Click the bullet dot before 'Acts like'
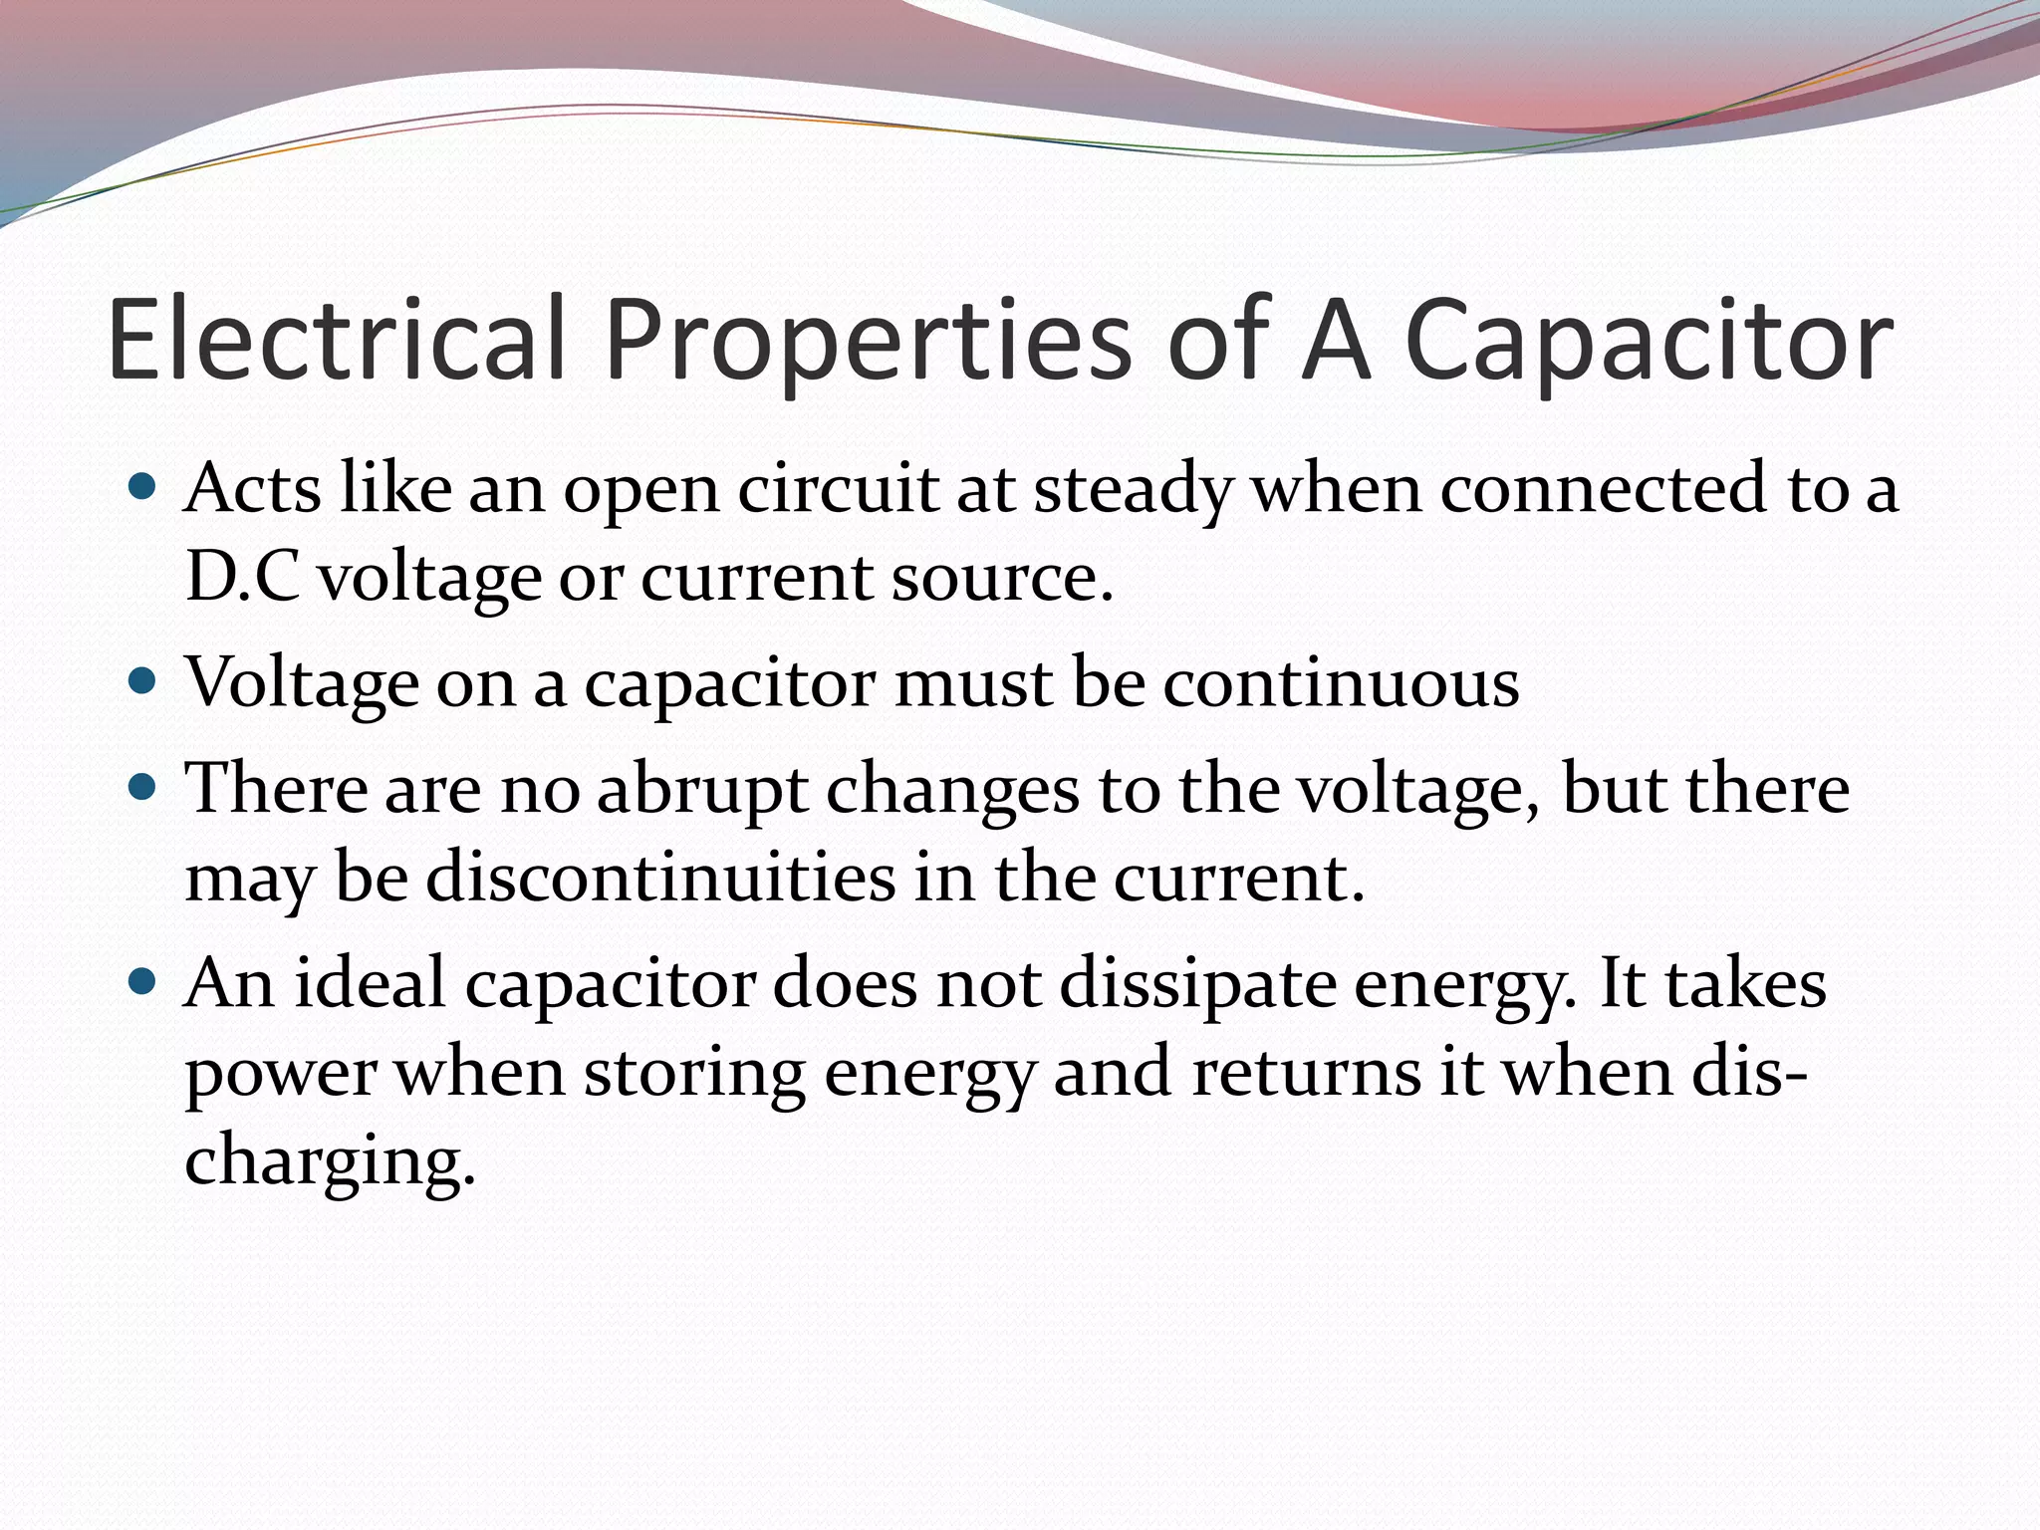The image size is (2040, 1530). coord(143,487)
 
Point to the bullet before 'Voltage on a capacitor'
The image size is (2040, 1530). coord(143,682)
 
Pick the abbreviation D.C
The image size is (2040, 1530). coord(242,577)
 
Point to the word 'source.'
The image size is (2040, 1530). coord(1001,578)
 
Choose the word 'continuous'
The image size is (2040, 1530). coord(1341,683)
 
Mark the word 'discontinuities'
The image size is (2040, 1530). coord(660,878)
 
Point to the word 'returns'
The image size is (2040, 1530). coord(1306,1073)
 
